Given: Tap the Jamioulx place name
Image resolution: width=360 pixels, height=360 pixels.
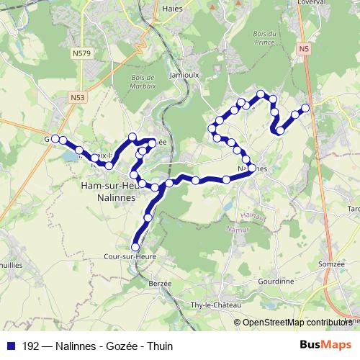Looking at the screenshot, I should tap(185, 73).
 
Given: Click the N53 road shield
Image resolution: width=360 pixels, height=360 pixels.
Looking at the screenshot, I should tap(78, 96).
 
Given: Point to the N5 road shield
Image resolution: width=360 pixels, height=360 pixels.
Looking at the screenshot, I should tap(304, 48).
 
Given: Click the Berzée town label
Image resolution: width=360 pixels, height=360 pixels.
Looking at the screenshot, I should tap(160, 283).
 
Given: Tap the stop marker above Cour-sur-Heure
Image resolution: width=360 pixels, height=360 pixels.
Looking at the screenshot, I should tap(135, 247).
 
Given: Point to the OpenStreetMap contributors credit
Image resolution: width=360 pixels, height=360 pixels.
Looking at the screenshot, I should tap(297, 323).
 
